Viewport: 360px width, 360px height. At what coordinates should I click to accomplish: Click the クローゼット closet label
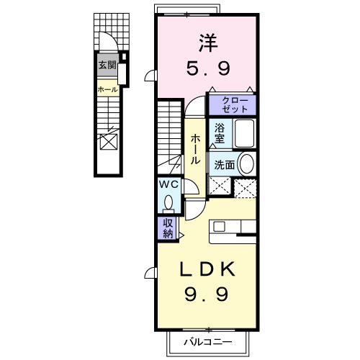pyautogui.click(x=233, y=104)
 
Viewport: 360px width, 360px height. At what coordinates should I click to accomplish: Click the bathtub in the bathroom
pyautogui.click(x=243, y=133)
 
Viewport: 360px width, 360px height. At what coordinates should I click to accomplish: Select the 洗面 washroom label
pyautogui.click(x=222, y=164)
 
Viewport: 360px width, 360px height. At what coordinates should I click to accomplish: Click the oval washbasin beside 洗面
pyautogui.click(x=246, y=163)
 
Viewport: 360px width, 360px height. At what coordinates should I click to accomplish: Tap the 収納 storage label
pyautogui.click(x=167, y=228)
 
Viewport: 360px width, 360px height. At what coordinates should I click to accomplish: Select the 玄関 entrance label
pyautogui.click(x=107, y=65)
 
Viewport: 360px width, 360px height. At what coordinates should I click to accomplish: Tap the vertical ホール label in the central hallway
pyautogui.click(x=194, y=150)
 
